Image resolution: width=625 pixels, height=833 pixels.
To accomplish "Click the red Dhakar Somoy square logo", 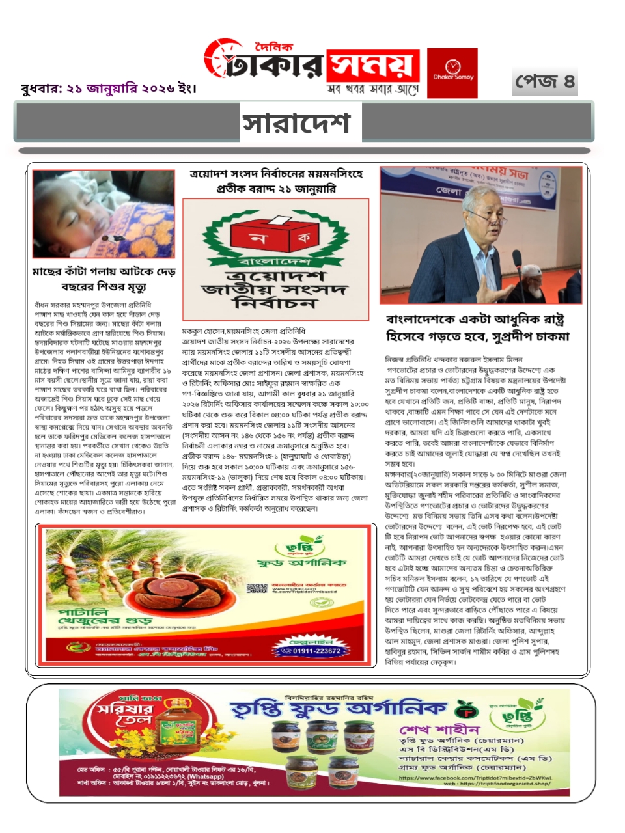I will pyautogui.click(x=452, y=73).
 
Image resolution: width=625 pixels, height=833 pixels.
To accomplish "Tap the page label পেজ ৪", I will pyautogui.click(x=545, y=81).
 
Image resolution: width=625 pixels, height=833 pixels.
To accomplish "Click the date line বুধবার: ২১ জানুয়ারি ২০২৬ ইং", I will pyautogui.click(x=108, y=89).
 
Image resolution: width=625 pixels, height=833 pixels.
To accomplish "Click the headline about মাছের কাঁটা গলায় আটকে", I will pyautogui.click(x=104, y=279).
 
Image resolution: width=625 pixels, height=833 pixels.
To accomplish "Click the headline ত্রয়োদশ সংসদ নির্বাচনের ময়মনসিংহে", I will pyautogui.click(x=276, y=181).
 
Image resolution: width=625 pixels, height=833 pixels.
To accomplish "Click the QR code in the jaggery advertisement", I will pyautogui.click(x=257, y=588).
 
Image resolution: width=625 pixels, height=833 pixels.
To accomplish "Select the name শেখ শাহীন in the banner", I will pyautogui.click(x=439, y=729).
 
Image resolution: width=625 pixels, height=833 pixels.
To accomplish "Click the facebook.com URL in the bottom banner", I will pyautogui.click(x=475, y=778).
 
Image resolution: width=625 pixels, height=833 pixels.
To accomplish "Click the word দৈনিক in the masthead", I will pyautogui.click(x=274, y=47).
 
